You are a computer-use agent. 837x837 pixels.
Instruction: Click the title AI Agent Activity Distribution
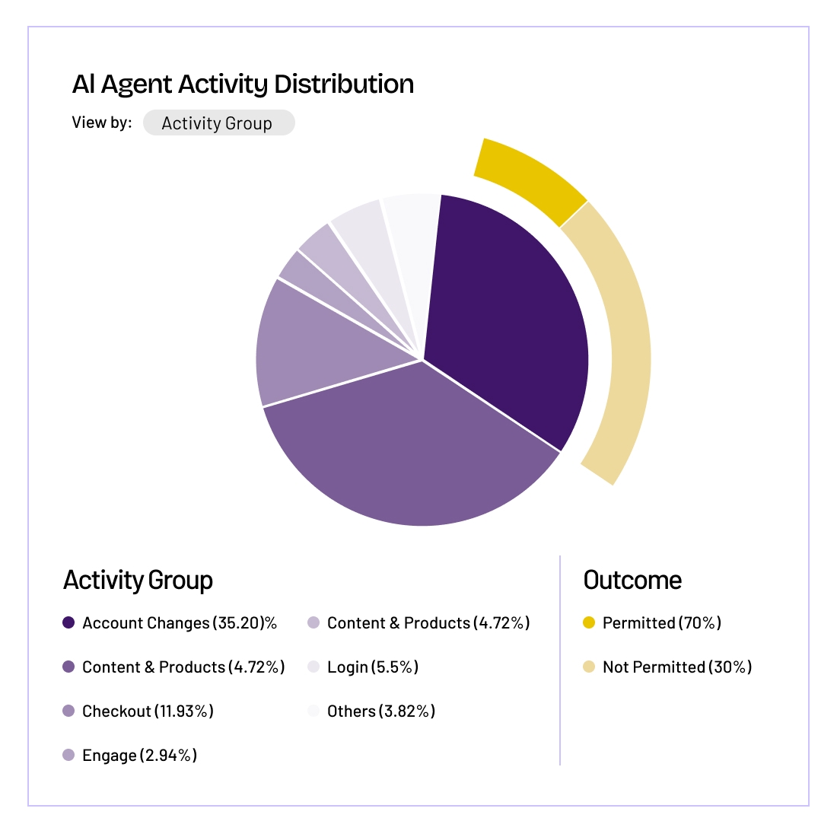(243, 84)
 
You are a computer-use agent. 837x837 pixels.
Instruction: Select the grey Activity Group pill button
(218, 123)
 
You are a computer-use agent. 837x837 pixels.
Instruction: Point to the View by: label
(101, 123)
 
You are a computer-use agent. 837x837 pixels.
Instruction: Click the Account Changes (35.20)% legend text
(180, 623)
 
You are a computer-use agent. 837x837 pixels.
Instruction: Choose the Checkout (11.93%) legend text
(148, 711)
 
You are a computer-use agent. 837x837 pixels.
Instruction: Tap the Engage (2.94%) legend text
(139, 756)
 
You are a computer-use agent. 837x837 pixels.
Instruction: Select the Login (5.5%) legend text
(373, 667)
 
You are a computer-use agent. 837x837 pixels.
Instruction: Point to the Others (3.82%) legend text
(381, 711)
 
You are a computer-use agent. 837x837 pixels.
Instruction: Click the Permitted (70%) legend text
(661, 623)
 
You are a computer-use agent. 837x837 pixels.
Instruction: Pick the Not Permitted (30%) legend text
(676, 667)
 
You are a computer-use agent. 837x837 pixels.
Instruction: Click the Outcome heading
(632, 581)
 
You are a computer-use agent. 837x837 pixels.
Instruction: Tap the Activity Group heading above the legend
(138, 581)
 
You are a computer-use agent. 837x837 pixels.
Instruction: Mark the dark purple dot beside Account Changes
(68, 623)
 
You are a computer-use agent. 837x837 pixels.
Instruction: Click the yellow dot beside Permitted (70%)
(588, 623)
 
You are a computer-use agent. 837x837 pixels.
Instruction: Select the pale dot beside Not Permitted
(588, 667)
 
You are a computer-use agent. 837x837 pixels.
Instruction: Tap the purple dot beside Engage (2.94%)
(68, 756)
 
